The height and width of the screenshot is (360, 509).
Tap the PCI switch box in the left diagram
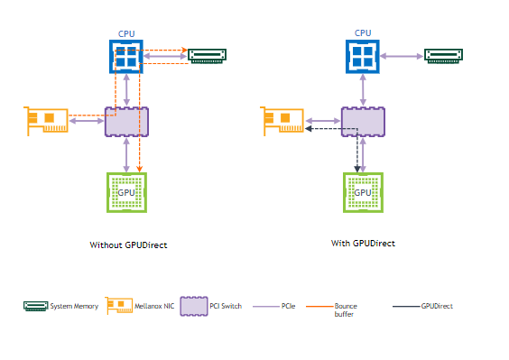[126, 122]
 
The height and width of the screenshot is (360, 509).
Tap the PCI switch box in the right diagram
[363, 122]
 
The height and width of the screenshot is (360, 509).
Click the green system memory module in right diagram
[448, 56]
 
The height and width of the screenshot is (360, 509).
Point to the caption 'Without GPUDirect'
[128, 245]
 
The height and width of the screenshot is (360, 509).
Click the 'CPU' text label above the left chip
[126, 33]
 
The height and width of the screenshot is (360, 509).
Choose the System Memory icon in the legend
[35, 306]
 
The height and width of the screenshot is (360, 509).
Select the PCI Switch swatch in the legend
[193, 306]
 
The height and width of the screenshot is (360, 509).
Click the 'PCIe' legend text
[289, 306]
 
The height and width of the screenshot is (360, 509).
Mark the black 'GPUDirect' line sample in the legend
[405, 307]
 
